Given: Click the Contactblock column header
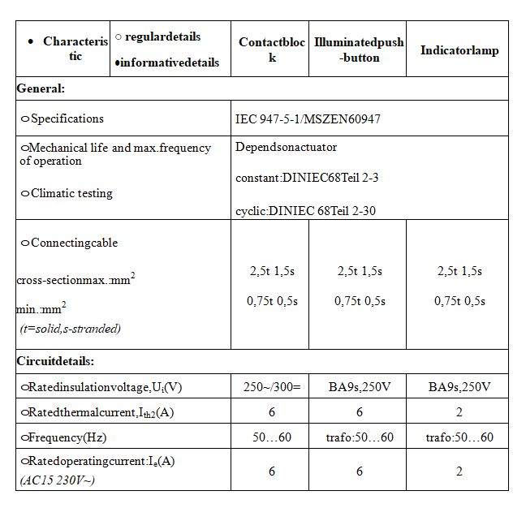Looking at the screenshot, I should pos(271,50).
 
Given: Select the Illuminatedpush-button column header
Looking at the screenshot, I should pos(359,50).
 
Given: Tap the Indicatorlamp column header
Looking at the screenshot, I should pos(459,50).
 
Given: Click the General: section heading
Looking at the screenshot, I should pos(41,88).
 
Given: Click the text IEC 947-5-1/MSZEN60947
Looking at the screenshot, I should pos(308,118).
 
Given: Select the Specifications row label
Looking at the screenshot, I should pos(67,118).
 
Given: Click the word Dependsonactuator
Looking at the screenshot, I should pos(286,147).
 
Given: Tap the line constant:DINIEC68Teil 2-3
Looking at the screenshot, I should pos(307,177).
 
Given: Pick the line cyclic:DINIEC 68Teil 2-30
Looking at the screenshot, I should pos(305,211).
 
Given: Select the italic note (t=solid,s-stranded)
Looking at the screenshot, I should pos(71,329).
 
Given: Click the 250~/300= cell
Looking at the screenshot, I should pos(272,386).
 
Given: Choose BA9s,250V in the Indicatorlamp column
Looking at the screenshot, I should pos(459,386).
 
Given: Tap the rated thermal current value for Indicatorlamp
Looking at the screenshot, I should pos(459,412).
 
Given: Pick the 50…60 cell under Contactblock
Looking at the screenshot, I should pos(272,437).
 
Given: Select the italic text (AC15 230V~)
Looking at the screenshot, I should pos(58,480).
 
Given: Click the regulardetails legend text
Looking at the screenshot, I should pos(162,37).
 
